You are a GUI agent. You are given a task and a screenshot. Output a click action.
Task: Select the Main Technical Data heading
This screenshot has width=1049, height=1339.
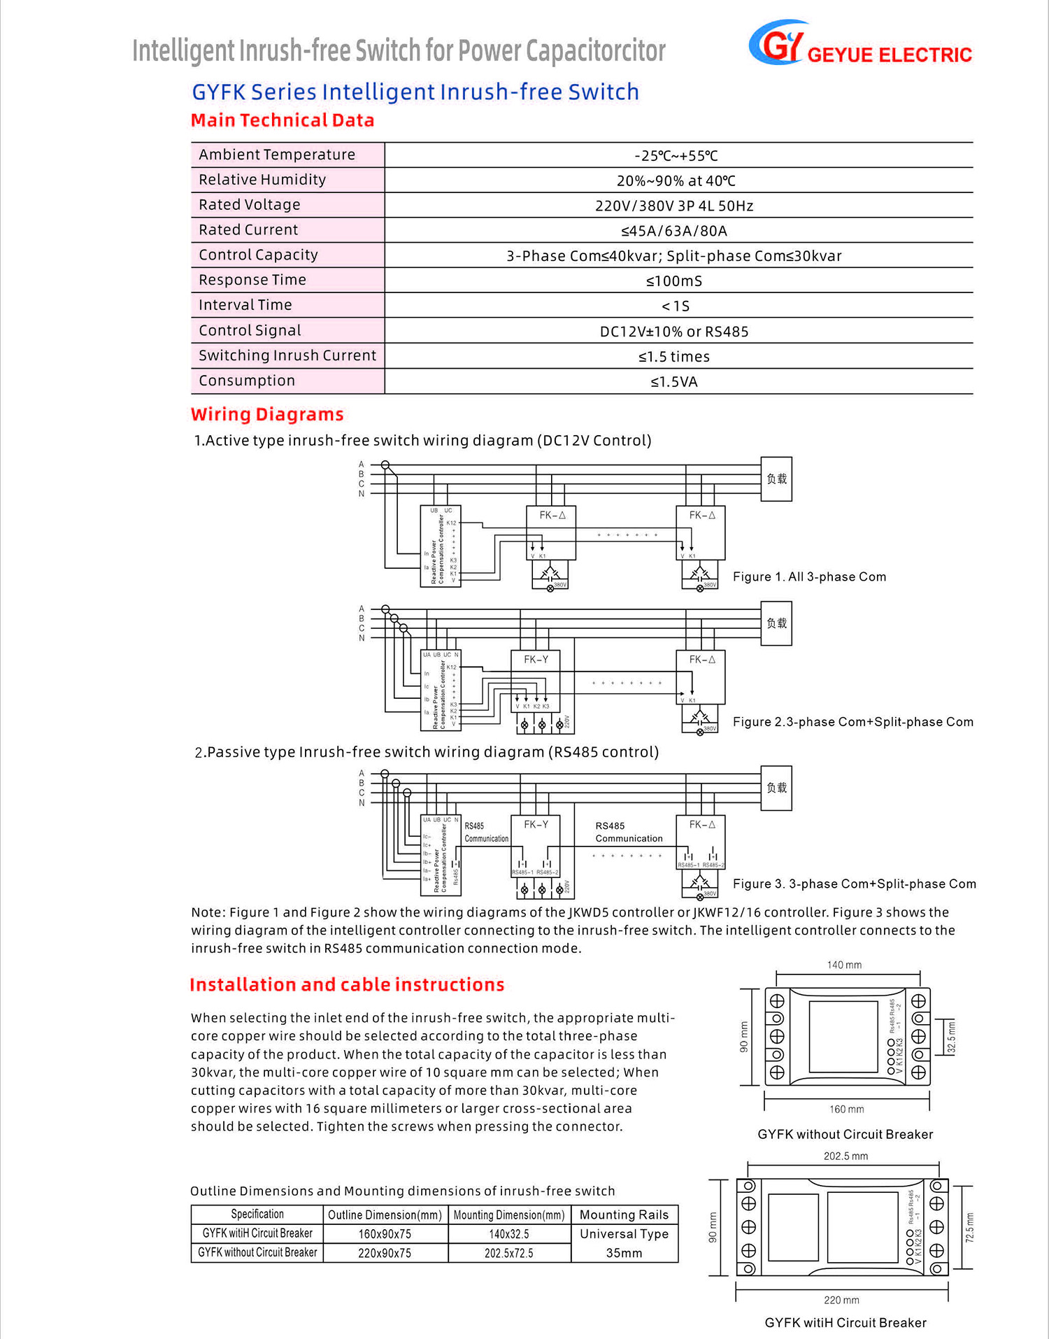tap(283, 120)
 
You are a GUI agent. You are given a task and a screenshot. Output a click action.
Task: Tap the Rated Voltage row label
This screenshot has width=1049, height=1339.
tap(249, 205)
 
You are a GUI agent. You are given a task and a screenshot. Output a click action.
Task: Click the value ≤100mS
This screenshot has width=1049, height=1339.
tap(674, 281)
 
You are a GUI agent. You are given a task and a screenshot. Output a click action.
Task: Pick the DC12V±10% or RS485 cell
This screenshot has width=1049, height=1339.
tap(674, 332)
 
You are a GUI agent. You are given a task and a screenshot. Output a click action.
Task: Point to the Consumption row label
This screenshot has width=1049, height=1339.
tap(247, 381)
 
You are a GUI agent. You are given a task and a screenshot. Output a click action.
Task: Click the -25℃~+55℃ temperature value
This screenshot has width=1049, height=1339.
tap(676, 156)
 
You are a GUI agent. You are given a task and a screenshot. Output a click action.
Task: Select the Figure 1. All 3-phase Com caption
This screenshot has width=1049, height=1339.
tap(809, 577)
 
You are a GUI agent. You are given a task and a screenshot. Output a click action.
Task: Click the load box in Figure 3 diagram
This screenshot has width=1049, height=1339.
tap(776, 788)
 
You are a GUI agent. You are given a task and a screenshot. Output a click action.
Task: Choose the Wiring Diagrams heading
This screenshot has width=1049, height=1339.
tap(267, 415)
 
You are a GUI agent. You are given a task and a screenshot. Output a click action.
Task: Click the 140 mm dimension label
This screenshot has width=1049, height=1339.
tap(844, 965)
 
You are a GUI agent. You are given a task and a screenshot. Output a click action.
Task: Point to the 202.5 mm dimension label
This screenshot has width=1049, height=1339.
tap(845, 1156)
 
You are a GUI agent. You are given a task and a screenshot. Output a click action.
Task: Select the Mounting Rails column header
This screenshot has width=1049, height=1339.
tap(624, 1215)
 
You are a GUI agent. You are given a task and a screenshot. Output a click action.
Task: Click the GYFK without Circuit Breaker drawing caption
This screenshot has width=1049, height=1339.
tap(845, 1135)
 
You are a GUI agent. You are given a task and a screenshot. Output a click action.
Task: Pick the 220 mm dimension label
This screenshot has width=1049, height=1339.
tap(841, 1301)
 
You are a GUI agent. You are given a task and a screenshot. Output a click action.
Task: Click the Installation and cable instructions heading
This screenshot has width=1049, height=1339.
tap(347, 985)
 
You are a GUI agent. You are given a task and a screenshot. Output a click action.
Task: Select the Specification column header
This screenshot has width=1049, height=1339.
tap(257, 1215)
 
